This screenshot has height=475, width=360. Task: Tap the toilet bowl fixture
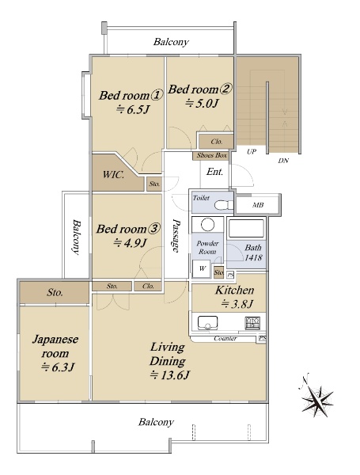[224, 205]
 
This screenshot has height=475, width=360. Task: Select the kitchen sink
[208, 323]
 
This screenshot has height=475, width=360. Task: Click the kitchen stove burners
[252, 323]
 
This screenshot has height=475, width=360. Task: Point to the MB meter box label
[258, 205]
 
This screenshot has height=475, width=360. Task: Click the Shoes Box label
[212, 155]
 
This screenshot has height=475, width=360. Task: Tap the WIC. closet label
[113, 174]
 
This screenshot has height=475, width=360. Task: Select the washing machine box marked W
[202, 268]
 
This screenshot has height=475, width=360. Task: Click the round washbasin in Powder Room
[208, 225]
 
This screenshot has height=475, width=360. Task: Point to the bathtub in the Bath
[246, 229]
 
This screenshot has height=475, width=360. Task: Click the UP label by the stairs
[252, 151]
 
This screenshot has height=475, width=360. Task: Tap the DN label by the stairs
[283, 161]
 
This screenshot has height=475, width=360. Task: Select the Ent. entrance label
[214, 172]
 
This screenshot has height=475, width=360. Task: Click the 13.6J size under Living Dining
[170, 375]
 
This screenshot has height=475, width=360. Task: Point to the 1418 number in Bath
[253, 258]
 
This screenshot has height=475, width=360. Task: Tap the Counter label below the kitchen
[225, 338]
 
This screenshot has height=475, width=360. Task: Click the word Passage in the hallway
[176, 235]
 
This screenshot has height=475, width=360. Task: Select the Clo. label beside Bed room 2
[217, 142]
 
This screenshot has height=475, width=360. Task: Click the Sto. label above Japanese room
[55, 292]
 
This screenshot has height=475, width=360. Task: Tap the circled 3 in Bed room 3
[153, 229]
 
